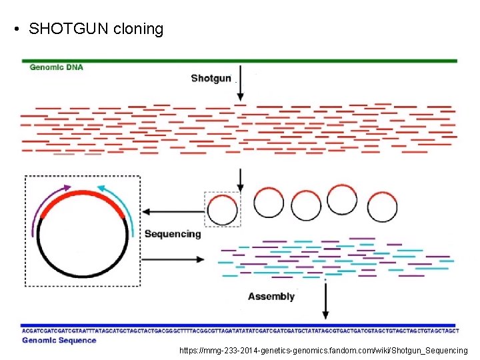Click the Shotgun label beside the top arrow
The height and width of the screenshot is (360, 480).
point(211,78)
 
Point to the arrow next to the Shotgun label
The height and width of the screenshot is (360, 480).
point(240,84)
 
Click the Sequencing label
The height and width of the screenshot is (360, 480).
point(172,234)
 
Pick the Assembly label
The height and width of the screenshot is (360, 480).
point(271,296)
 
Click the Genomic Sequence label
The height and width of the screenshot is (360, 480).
point(59,341)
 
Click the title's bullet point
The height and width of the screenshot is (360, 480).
point(15,30)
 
